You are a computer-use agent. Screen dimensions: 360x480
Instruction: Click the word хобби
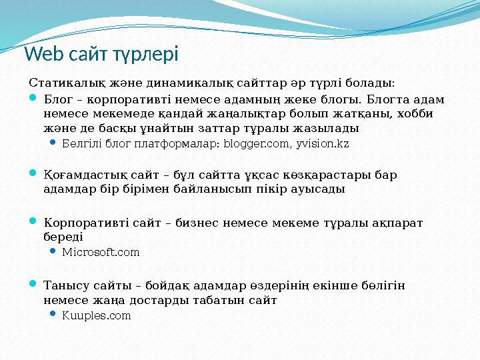click(x=416, y=113)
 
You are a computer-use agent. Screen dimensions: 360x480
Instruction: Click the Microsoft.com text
click(x=101, y=253)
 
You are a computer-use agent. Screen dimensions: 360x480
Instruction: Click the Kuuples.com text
click(x=96, y=316)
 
